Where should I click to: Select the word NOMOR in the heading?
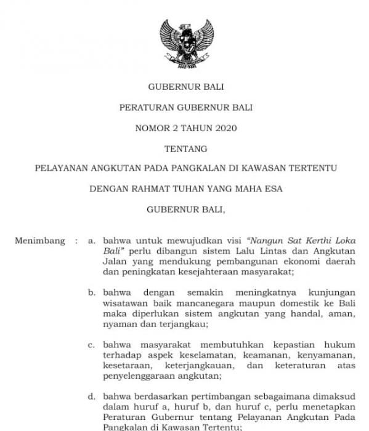click(152, 128)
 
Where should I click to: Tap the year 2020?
click(224, 128)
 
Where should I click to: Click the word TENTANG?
click(185, 148)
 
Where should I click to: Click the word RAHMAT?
click(147, 189)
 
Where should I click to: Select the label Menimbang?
click(40, 241)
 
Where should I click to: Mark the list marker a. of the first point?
click(91, 241)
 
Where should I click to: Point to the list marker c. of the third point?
click(91, 345)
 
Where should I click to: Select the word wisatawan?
click(126, 303)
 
